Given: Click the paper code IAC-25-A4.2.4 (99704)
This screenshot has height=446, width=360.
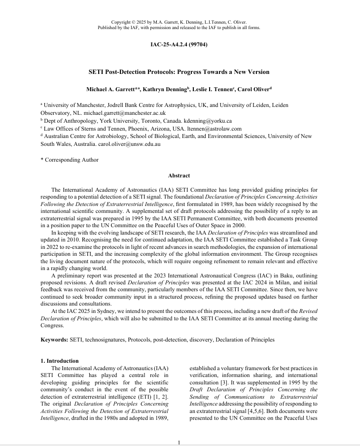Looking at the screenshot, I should click(x=179, y=45).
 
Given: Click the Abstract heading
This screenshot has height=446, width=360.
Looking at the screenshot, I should click(x=179, y=175).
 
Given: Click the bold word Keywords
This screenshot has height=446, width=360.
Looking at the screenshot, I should click(x=53, y=340).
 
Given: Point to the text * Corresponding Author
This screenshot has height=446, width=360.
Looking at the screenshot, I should click(x=70, y=160).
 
